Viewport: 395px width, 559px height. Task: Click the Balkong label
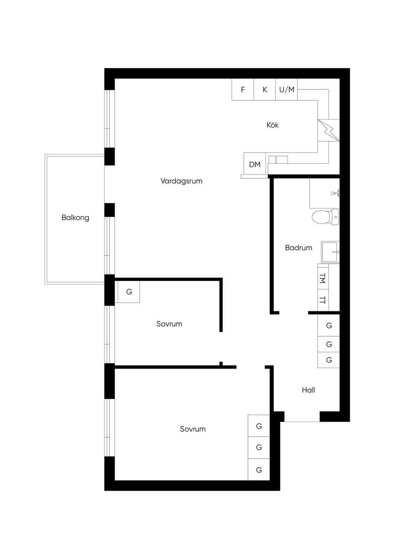(75, 218)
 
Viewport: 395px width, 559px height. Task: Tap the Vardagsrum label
(181, 181)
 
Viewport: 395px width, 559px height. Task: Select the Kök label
(273, 125)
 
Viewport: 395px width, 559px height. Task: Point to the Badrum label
(299, 248)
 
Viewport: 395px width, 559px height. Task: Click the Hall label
(308, 390)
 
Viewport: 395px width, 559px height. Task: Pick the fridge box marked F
(243, 90)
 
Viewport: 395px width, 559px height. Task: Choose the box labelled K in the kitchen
(265, 90)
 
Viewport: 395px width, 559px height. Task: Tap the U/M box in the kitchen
(287, 90)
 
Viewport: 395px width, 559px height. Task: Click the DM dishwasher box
(255, 164)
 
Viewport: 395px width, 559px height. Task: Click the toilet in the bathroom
(325, 217)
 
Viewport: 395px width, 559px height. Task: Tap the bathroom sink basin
(330, 252)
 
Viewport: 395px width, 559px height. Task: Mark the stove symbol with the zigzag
(329, 130)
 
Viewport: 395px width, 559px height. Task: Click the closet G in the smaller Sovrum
(129, 292)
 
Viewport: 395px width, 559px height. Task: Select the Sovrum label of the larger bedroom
(193, 429)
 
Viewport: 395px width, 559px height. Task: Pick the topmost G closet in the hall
(329, 325)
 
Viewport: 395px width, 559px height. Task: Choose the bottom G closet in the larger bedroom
(259, 470)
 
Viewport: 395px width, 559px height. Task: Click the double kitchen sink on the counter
(278, 160)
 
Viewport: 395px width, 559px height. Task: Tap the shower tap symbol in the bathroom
(335, 193)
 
